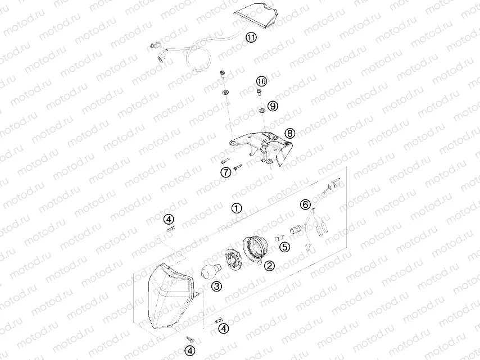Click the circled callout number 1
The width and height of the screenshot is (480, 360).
click(237, 208)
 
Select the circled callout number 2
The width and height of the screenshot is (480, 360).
click(269, 266)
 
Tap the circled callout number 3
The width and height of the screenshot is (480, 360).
click(216, 287)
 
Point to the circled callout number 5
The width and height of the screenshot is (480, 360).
click(285, 246)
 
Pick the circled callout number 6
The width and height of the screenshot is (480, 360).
click(306, 205)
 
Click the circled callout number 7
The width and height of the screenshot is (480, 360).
click(225, 172)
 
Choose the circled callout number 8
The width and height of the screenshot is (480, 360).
click(289, 133)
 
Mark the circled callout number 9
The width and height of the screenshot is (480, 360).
click(273, 105)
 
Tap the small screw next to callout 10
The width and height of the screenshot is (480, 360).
click(259, 93)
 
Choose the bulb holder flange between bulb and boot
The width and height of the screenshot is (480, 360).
click(232, 260)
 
